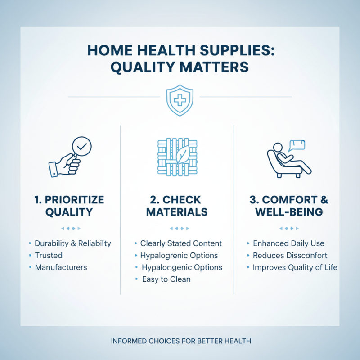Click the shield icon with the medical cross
[x=180, y=100]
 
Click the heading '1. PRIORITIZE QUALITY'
[x=69, y=205]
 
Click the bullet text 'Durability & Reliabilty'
[x=72, y=243]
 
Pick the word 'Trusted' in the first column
[x=49, y=255]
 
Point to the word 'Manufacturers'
[x=61, y=267]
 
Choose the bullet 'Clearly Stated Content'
[x=181, y=243]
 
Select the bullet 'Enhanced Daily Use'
[x=288, y=243]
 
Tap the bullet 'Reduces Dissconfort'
[x=290, y=255]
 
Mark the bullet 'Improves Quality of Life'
[x=295, y=267]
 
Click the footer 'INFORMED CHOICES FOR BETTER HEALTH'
[x=180, y=341]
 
